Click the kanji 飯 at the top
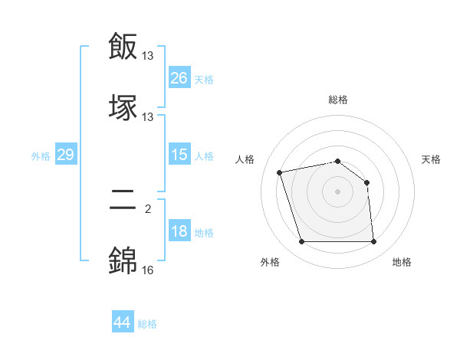[x=123, y=46]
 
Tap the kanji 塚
[x=123, y=108]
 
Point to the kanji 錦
[x=123, y=261]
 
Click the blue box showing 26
[x=179, y=77]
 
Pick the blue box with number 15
[x=179, y=155]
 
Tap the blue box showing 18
[x=179, y=232]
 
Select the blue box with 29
[x=65, y=155]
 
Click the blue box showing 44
[x=122, y=322]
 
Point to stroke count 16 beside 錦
[x=148, y=270]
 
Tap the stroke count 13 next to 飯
[x=148, y=55]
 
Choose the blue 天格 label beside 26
[x=204, y=79]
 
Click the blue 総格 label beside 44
[x=147, y=324]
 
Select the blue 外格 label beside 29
[x=41, y=156]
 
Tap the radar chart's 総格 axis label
[x=338, y=100]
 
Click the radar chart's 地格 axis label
[x=402, y=262]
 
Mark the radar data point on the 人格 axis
[x=280, y=172]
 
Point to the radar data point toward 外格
[x=301, y=242]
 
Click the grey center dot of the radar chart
[x=338, y=191]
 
